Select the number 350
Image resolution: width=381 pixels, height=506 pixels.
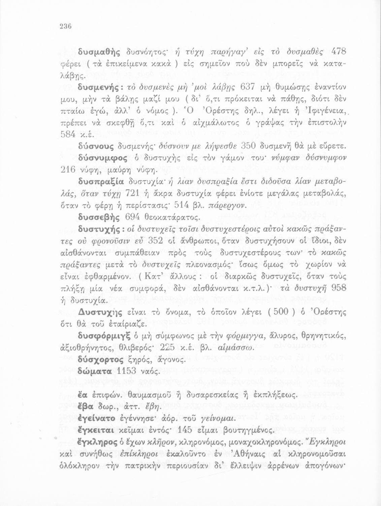point(248,146)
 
